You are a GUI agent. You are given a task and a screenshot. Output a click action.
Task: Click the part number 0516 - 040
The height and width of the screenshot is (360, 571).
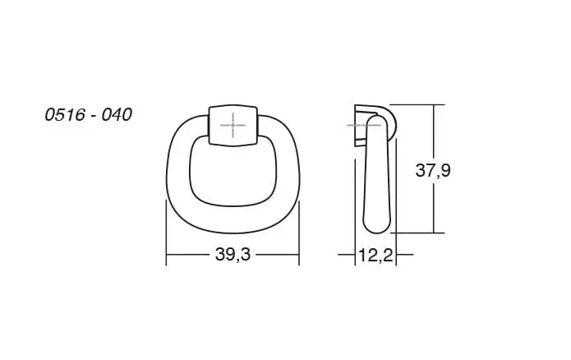[x=88, y=115]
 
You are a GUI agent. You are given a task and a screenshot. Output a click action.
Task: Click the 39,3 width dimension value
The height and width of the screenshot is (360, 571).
[x=233, y=254]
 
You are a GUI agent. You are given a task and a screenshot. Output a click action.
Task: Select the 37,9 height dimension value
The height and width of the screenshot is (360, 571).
[x=433, y=170]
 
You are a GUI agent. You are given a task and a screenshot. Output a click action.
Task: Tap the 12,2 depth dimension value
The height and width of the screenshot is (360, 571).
[x=375, y=255]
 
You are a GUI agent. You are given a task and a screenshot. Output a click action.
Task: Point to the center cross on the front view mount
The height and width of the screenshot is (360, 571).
[x=233, y=126]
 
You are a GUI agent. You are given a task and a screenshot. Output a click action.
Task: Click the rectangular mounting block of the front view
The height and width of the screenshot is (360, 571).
[x=233, y=126]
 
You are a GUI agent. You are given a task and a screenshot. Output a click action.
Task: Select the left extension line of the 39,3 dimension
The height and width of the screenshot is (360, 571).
[x=166, y=233]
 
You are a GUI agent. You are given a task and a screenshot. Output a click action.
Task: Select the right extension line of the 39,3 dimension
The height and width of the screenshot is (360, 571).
[x=299, y=233]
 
